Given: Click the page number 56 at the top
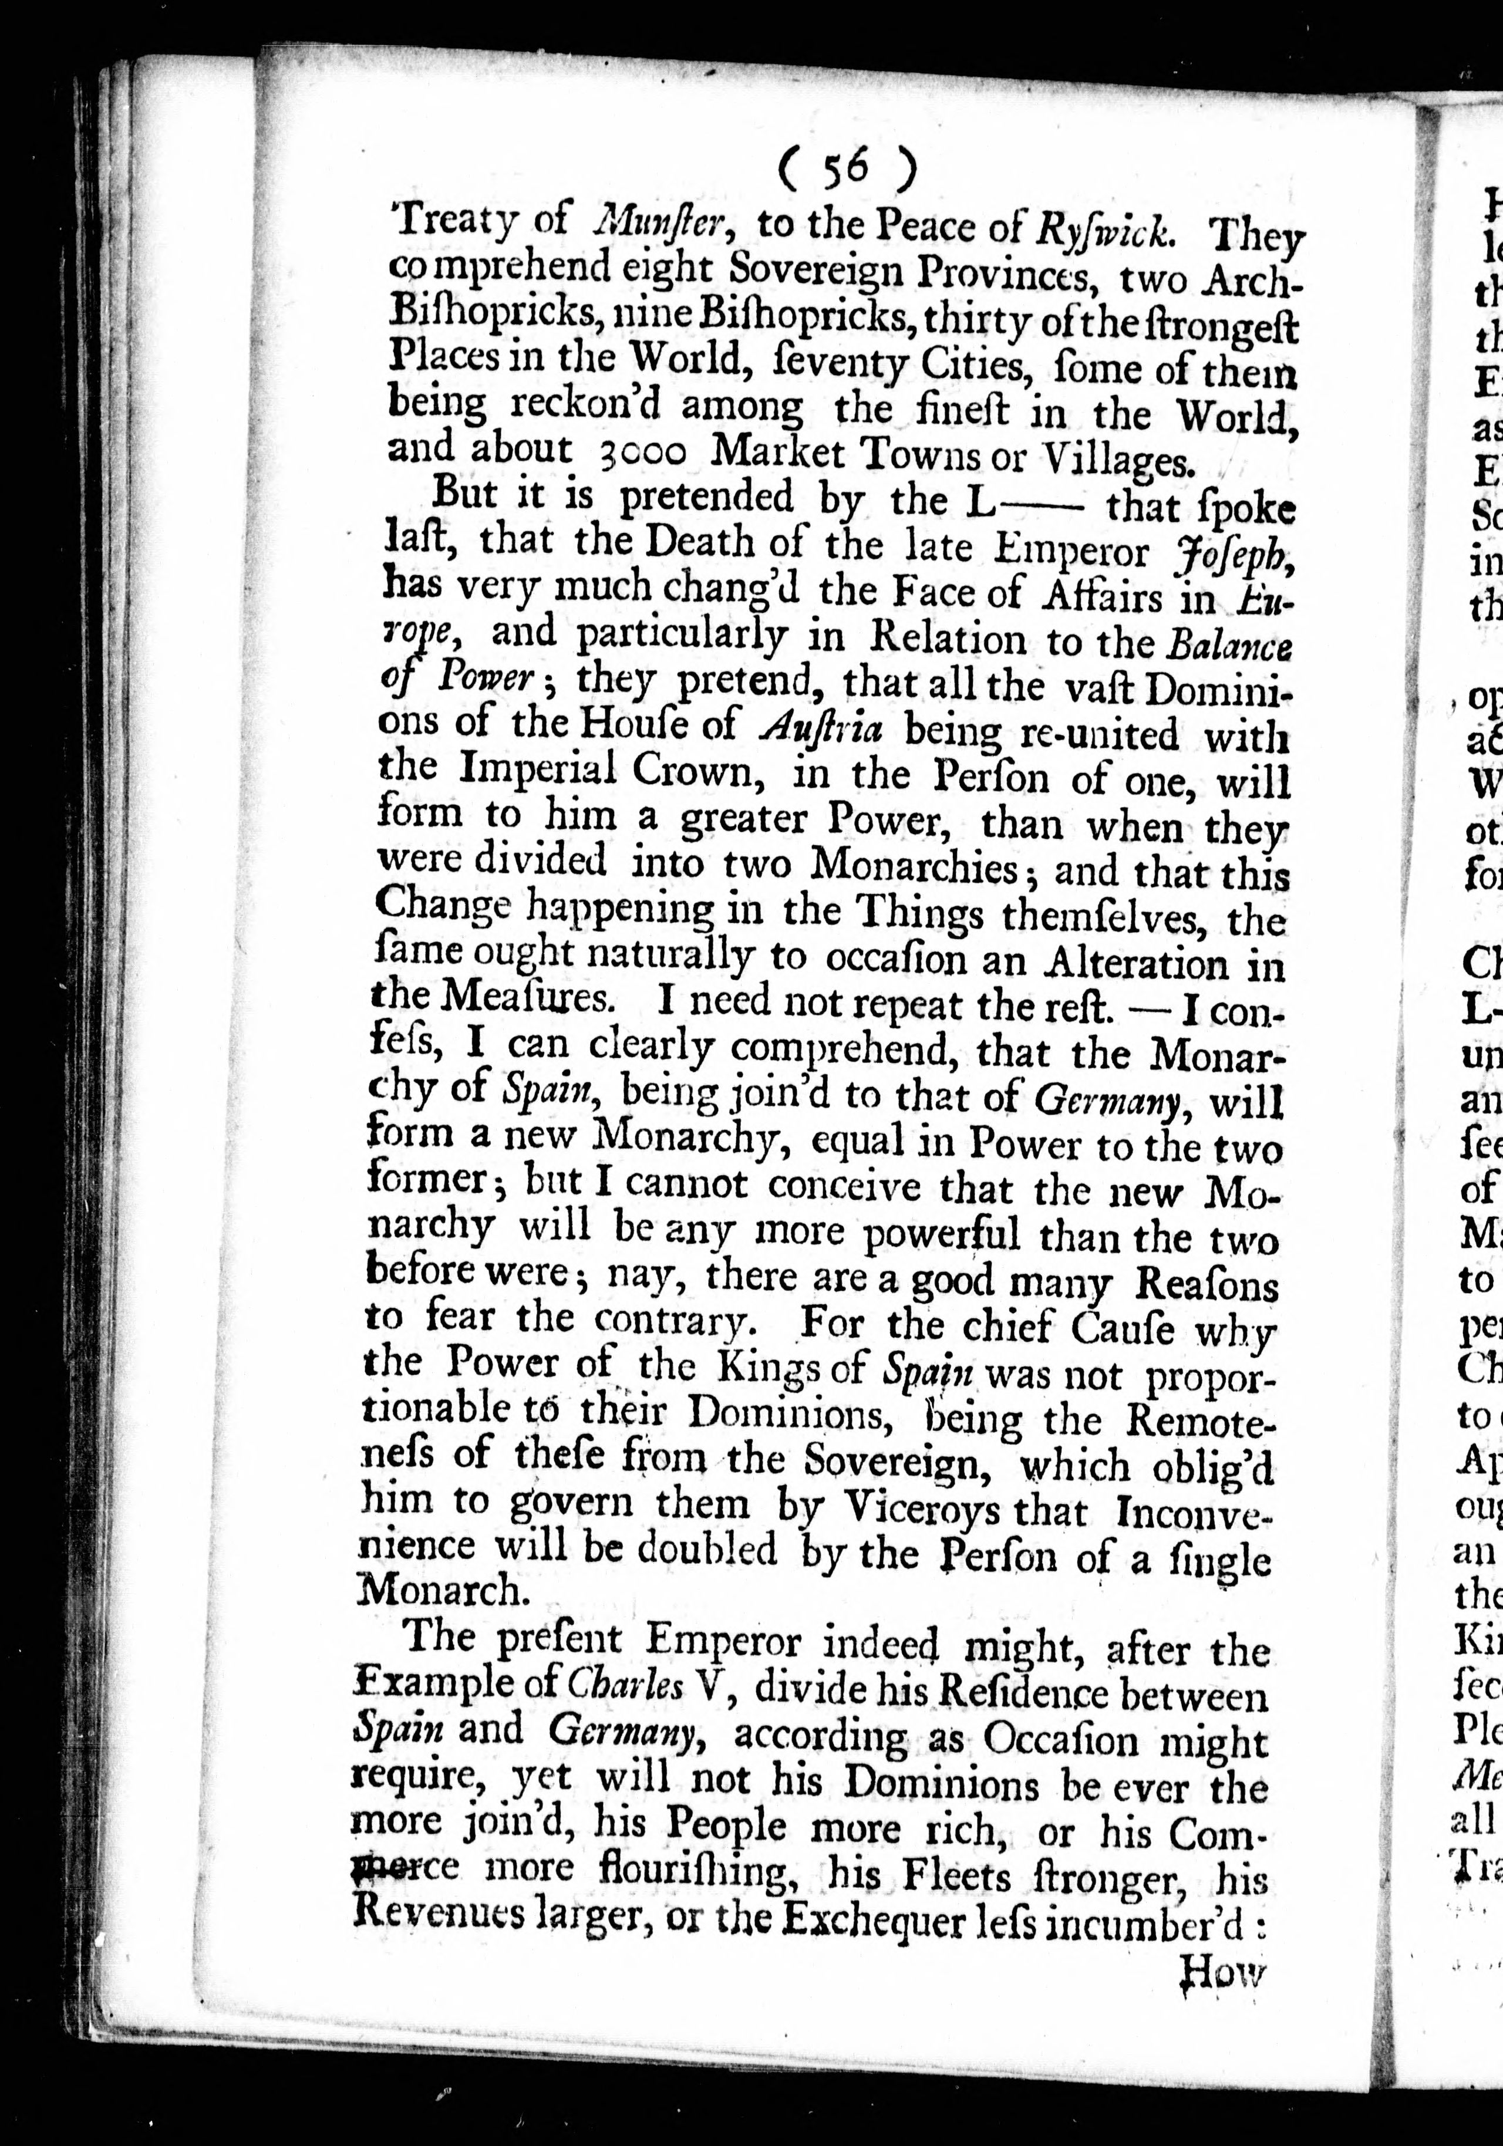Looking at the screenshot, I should [847, 168].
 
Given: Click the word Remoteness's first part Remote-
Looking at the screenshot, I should [1200, 1422].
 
